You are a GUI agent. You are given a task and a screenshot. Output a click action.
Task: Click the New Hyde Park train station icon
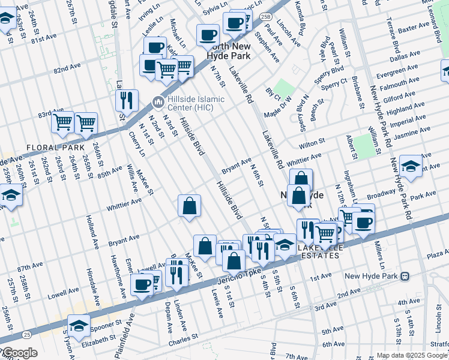click(x=405, y=277)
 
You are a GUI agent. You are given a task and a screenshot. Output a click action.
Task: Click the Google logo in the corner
click(x=19, y=353)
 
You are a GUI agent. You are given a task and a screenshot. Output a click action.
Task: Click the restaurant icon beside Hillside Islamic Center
click(x=127, y=100)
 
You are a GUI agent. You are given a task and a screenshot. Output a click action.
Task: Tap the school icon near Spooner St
click(x=79, y=325)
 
